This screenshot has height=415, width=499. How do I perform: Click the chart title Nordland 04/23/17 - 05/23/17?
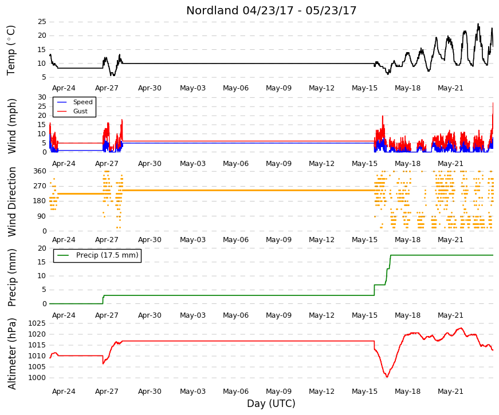tap(271, 10)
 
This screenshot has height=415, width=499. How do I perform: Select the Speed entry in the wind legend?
tap(82, 102)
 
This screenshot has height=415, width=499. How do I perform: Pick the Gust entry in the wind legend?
tap(80, 111)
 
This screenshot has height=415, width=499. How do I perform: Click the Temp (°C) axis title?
tap(11, 50)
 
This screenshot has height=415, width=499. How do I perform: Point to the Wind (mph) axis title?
tap(12, 127)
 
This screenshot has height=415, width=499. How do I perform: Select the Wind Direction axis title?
tap(12, 201)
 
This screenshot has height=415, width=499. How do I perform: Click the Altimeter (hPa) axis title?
tap(12, 353)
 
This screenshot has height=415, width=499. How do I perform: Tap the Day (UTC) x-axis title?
tap(271, 404)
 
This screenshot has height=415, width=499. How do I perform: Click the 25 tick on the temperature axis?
tap(42, 22)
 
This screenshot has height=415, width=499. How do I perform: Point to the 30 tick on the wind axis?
tap(42, 97)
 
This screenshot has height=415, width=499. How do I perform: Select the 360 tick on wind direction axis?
tap(40, 171)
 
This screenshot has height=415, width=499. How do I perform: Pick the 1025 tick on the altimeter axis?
tap(37, 324)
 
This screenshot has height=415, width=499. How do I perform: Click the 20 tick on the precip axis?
tap(42, 248)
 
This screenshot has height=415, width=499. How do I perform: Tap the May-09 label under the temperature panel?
tap(279, 88)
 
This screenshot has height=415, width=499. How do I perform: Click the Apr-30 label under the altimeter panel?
tap(150, 392)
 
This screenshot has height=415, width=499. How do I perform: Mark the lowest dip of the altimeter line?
tap(387, 377)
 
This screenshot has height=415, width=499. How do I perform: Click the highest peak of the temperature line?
tap(478, 23)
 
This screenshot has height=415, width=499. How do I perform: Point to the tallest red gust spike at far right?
tap(493, 103)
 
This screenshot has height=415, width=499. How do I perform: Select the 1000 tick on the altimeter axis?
tap(37, 378)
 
